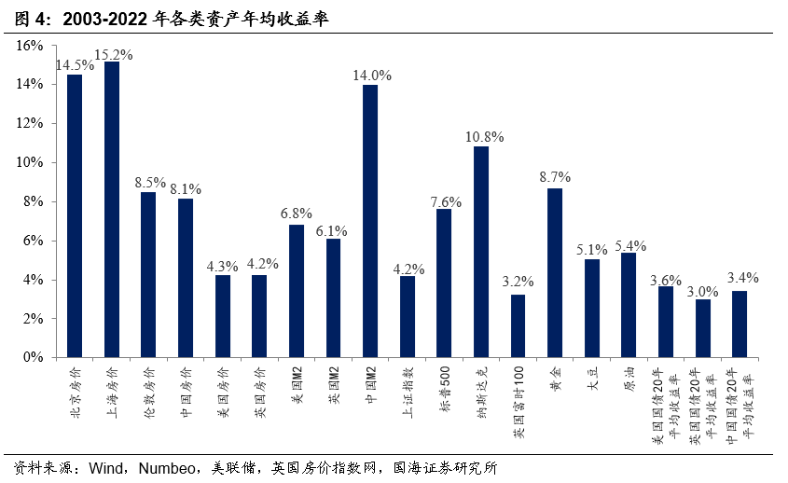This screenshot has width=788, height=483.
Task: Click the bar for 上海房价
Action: pyautogui.click(x=112, y=209)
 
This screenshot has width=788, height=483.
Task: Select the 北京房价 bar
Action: pyautogui.click(x=75, y=215)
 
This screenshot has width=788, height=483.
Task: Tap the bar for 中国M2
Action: pyautogui.click(x=370, y=220)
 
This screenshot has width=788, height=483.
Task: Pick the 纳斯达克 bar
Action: pyautogui.click(x=481, y=251)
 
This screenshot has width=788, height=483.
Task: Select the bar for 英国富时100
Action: pyautogui.click(x=518, y=325)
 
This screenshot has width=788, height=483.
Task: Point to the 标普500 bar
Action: pyautogui.click(x=444, y=283)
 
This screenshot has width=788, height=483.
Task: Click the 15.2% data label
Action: pyautogui.click(x=113, y=54)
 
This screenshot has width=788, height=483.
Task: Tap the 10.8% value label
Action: pyautogui.click(x=484, y=137)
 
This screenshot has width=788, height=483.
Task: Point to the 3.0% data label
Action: pyautogui.click(x=704, y=291)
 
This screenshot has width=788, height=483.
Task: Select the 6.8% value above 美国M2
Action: pyautogui.click(x=297, y=214)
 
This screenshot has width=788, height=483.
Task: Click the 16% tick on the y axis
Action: pyautogui.click(x=30, y=46)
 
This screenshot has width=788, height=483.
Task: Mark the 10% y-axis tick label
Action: pyautogui.click(x=30, y=162)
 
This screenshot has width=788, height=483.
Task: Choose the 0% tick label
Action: pyautogui.click(x=34, y=357)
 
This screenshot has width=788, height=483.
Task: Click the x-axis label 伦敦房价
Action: pyautogui.click(x=149, y=390)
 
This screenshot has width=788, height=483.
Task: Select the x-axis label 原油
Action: pyautogui.click(x=629, y=381)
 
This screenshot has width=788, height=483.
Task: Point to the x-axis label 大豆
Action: pyautogui.click(x=592, y=381)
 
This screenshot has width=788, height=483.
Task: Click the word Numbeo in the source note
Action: pyautogui.click(x=168, y=467)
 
